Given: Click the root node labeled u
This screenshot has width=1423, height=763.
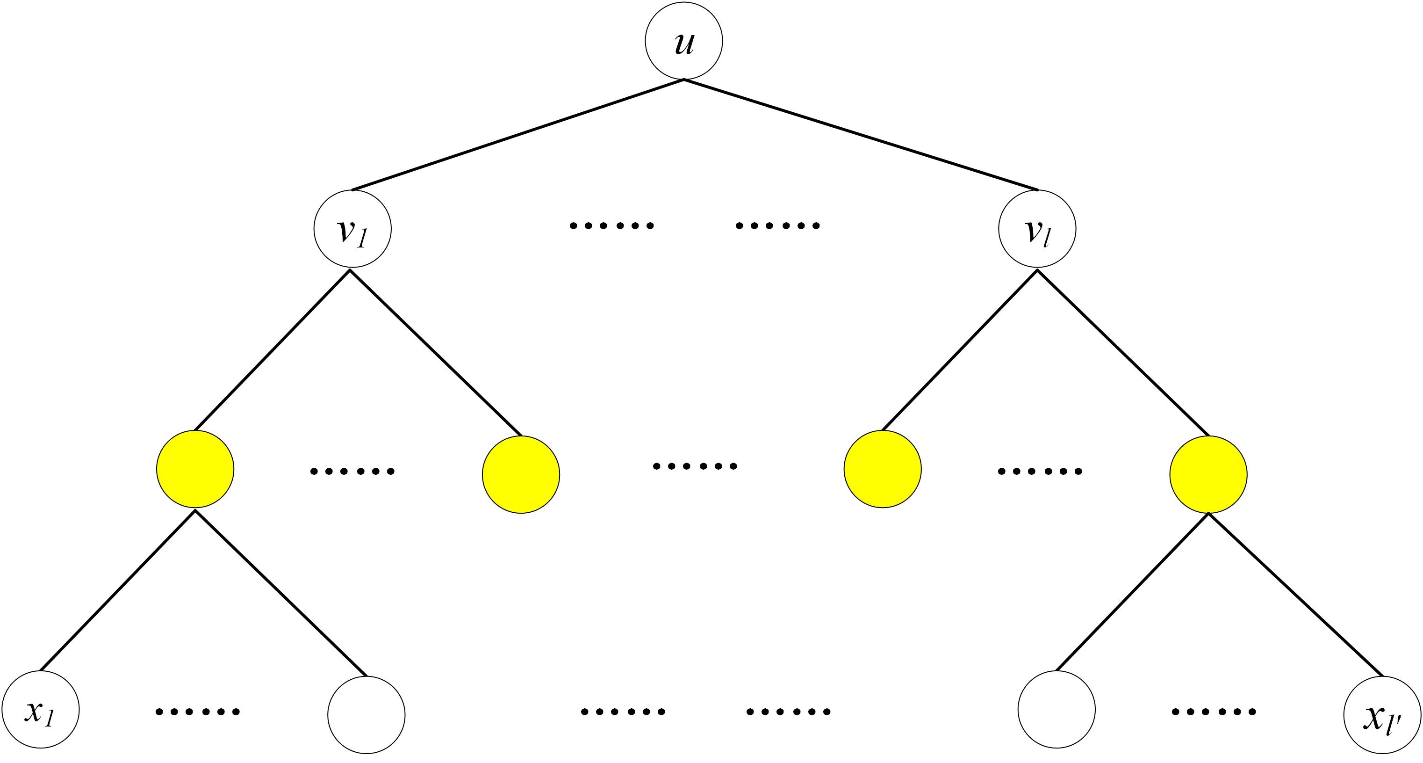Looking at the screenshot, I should coord(684,41).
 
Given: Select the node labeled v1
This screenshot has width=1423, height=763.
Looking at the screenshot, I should coord(352,229).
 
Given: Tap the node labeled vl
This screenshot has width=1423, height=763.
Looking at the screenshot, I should coord(1037,229).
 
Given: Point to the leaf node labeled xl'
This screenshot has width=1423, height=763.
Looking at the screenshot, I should coord(1383,715).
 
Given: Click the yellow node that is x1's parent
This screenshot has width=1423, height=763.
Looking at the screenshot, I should coord(195,469).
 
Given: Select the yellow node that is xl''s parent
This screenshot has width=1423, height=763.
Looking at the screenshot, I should coord(1209,474).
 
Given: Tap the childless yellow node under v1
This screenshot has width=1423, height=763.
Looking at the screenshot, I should coord(521,474).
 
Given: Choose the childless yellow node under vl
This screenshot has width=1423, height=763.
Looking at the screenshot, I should coord(883,469).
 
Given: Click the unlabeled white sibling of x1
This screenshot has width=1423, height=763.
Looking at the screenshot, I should coord(366,715).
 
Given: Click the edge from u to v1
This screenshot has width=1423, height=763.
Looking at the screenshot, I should coord(518,135).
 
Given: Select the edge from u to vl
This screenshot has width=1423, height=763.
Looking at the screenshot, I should coord(861,135).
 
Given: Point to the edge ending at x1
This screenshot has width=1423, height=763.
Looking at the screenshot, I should coord(118,590).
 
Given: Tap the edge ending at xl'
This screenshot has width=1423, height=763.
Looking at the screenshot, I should coord(1296,595).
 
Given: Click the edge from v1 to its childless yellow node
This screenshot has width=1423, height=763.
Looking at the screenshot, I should coord(435,353).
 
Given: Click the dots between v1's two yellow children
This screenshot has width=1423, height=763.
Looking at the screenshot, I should coord(352,472).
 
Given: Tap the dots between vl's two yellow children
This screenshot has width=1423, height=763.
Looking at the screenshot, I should coord(1040,472).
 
